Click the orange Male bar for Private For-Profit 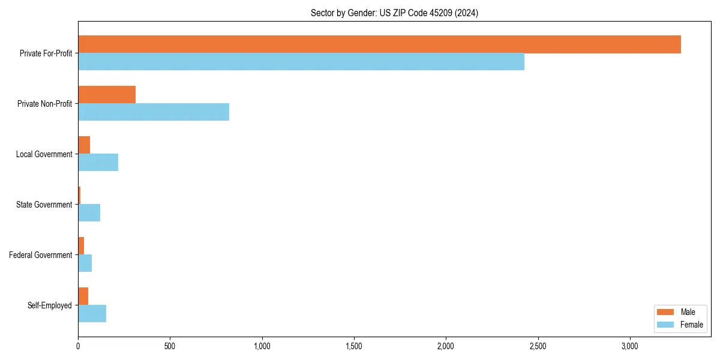[379, 44]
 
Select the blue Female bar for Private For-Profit [301, 62]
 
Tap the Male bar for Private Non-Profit [107, 95]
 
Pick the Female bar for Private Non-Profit [154, 112]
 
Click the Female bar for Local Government [98, 163]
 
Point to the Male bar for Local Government [84, 145]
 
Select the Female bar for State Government [89, 213]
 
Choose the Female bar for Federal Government [85, 263]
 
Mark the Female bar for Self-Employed [92, 314]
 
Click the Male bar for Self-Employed [83, 296]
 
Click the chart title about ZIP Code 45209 [394, 13]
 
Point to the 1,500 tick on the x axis [354, 347]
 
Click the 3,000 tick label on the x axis [630, 347]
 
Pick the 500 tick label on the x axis [170, 347]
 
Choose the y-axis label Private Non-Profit [44, 104]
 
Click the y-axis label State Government [44, 205]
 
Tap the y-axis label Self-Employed [49, 305]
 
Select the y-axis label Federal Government [41, 255]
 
